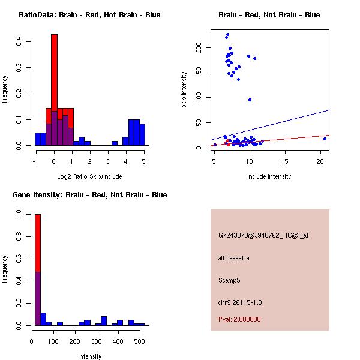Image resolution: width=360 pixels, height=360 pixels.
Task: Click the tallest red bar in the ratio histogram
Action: (54, 72)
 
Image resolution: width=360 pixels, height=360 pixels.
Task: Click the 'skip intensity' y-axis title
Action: (184, 90)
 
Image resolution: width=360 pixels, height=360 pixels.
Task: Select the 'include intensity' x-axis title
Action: (269, 176)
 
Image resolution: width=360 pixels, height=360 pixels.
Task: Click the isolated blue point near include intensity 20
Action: (325, 139)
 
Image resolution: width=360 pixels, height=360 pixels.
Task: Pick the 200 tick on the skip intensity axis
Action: (203, 47)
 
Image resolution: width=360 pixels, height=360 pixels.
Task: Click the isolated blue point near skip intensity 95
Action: (250, 100)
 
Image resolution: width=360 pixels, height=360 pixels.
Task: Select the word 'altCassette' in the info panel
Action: (233, 258)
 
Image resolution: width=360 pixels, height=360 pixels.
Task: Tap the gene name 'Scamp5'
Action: (230, 280)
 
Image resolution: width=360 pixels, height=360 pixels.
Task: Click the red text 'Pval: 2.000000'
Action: (239, 319)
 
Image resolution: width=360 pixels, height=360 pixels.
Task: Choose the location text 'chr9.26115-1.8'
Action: (239, 302)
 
